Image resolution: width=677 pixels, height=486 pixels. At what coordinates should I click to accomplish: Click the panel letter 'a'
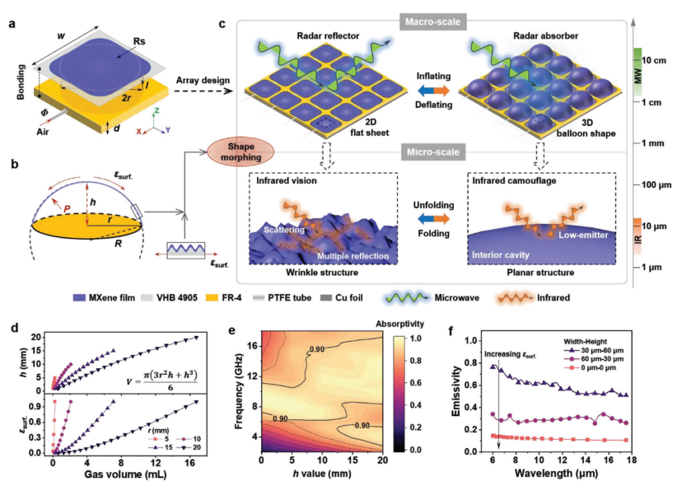12,23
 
